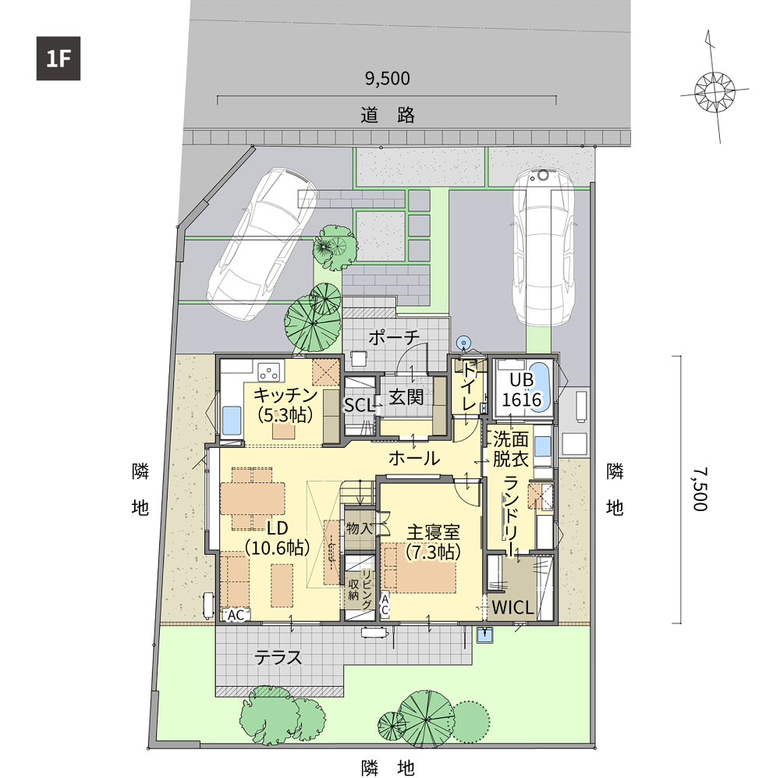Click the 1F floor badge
click(58, 59)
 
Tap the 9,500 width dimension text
click(388, 79)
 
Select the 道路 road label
click(388, 115)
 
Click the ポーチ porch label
click(394, 337)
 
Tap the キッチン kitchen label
click(285, 396)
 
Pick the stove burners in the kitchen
click(269, 371)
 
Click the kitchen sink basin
click(231, 420)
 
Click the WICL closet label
click(512, 607)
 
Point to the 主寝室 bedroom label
click(433, 532)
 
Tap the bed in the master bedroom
click(419, 568)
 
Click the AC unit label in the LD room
click(236, 615)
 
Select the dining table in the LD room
click(253, 499)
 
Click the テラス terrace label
click(278, 658)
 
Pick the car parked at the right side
click(543, 246)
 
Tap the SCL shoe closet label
click(359, 405)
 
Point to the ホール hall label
click(414, 458)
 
